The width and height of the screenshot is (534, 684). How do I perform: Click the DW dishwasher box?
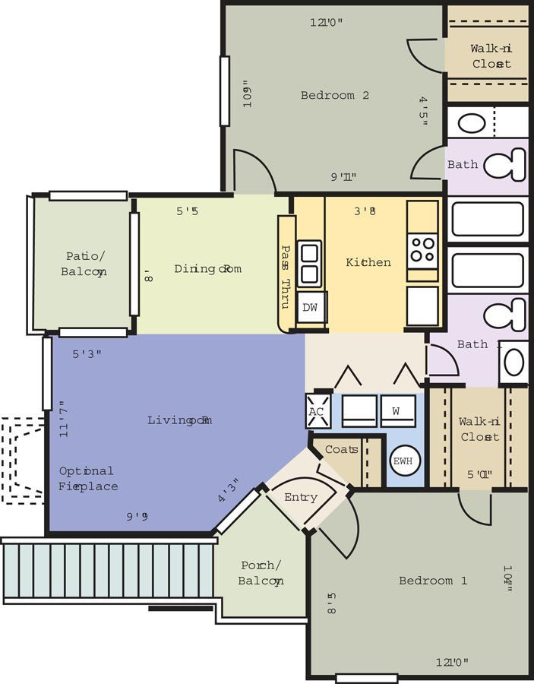pos(310,308)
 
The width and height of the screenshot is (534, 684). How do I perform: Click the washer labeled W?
pos(397,410)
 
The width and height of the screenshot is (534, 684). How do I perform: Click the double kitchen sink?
pos(309,263)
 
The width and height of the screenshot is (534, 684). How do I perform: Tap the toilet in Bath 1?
pos(507,314)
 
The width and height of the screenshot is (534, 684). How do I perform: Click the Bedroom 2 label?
pos(334,96)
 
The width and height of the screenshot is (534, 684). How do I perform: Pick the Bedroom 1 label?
pos(432,581)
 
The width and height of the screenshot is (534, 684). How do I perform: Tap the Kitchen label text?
pos(368,262)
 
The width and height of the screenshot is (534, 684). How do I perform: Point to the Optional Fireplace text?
pos(87,479)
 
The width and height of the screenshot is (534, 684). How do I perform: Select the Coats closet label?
pos(341,449)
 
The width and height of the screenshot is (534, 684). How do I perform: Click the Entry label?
pos(300,497)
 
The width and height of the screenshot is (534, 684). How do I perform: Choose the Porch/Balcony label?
pos(261,573)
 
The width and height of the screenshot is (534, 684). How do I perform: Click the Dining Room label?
pos(207,269)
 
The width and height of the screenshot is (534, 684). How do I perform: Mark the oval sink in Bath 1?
pos(514,363)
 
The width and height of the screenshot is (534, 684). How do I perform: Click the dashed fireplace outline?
pos(21,460)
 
